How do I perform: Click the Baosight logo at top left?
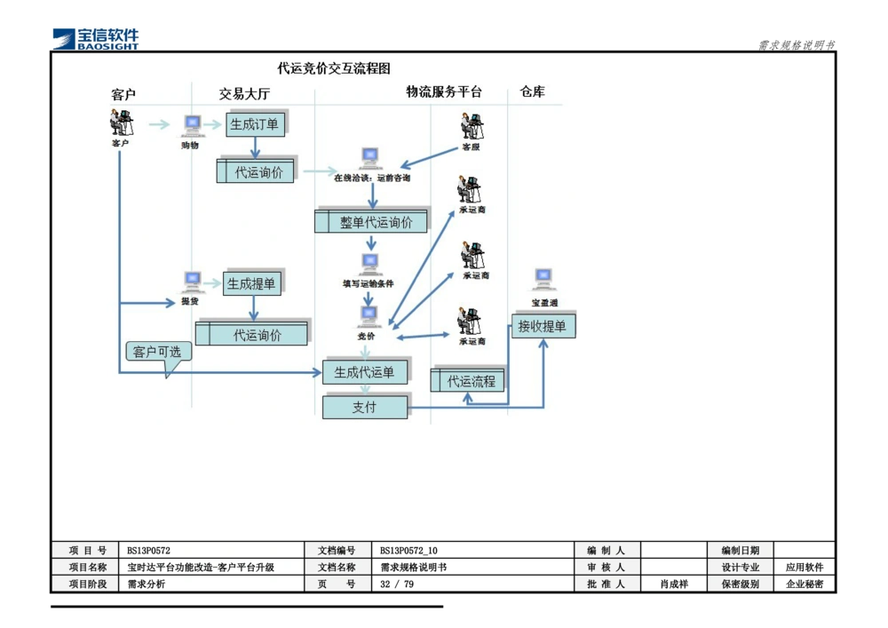click(x=96, y=37)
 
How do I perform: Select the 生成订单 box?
click(x=255, y=124)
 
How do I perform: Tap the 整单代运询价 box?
click(x=376, y=222)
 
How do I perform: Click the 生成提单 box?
click(x=252, y=284)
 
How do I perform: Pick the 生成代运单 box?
click(x=364, y=372)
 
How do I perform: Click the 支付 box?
click(x=364, y=407)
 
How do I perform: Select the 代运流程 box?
click(x=471, y=381)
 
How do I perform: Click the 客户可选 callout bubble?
click(x=157, y=353)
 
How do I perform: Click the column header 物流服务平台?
click(x=444, y=91)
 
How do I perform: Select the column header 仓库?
click(x=533, y=91)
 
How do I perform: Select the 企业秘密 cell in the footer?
click(x=805, y=584)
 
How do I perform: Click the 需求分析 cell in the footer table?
click(x=147, y=584)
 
